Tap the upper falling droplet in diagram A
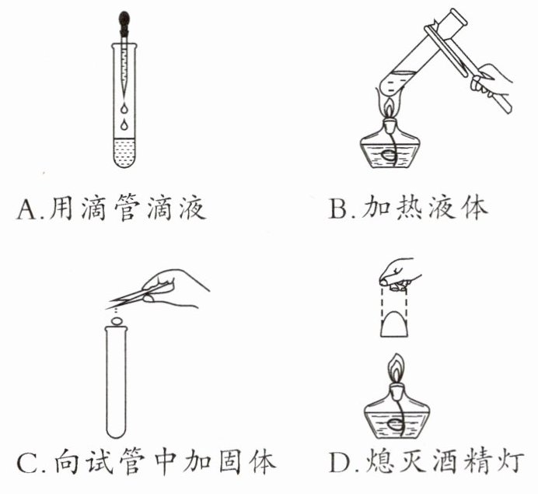point(124,108)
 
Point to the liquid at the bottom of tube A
point(124,152)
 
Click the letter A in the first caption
point(26,209)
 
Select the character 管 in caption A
point(128,208)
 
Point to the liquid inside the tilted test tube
point(399,82)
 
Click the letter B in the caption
point(338,208)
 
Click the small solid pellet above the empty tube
point(117,321)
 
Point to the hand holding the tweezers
point(176,288)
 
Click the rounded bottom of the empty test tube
point(117,432)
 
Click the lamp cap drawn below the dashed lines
point(395,324)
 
